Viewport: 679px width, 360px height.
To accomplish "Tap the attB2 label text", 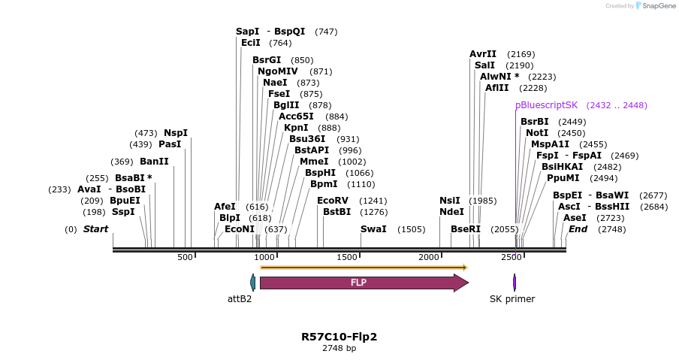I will point(240,299).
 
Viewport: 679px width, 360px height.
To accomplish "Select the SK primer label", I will point(512,299).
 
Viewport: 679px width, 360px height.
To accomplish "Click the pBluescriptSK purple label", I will point(546,105).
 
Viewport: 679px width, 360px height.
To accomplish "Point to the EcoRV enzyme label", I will point(333,201).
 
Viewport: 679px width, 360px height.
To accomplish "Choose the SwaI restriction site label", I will point(373,229).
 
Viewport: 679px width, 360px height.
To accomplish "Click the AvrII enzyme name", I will point(483,54).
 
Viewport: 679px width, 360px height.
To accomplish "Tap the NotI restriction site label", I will point(537,133).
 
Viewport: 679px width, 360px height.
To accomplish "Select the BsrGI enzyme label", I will point(267,60).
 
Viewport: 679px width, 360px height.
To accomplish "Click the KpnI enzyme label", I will point(296,128).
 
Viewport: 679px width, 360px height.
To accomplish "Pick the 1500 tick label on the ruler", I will point(348,258).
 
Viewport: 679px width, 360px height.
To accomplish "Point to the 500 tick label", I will point(186,258).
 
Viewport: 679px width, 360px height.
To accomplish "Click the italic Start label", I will point(95,229).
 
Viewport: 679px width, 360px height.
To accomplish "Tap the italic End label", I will point(578,229).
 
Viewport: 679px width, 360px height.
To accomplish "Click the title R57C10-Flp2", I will point(339,337).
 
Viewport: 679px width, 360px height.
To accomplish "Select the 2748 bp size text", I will point(339,349).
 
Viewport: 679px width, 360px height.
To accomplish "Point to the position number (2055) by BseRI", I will point(504,229).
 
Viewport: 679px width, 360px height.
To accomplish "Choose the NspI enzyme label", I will point(176,133).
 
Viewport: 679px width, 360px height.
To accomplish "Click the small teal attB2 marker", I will point(253,283).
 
